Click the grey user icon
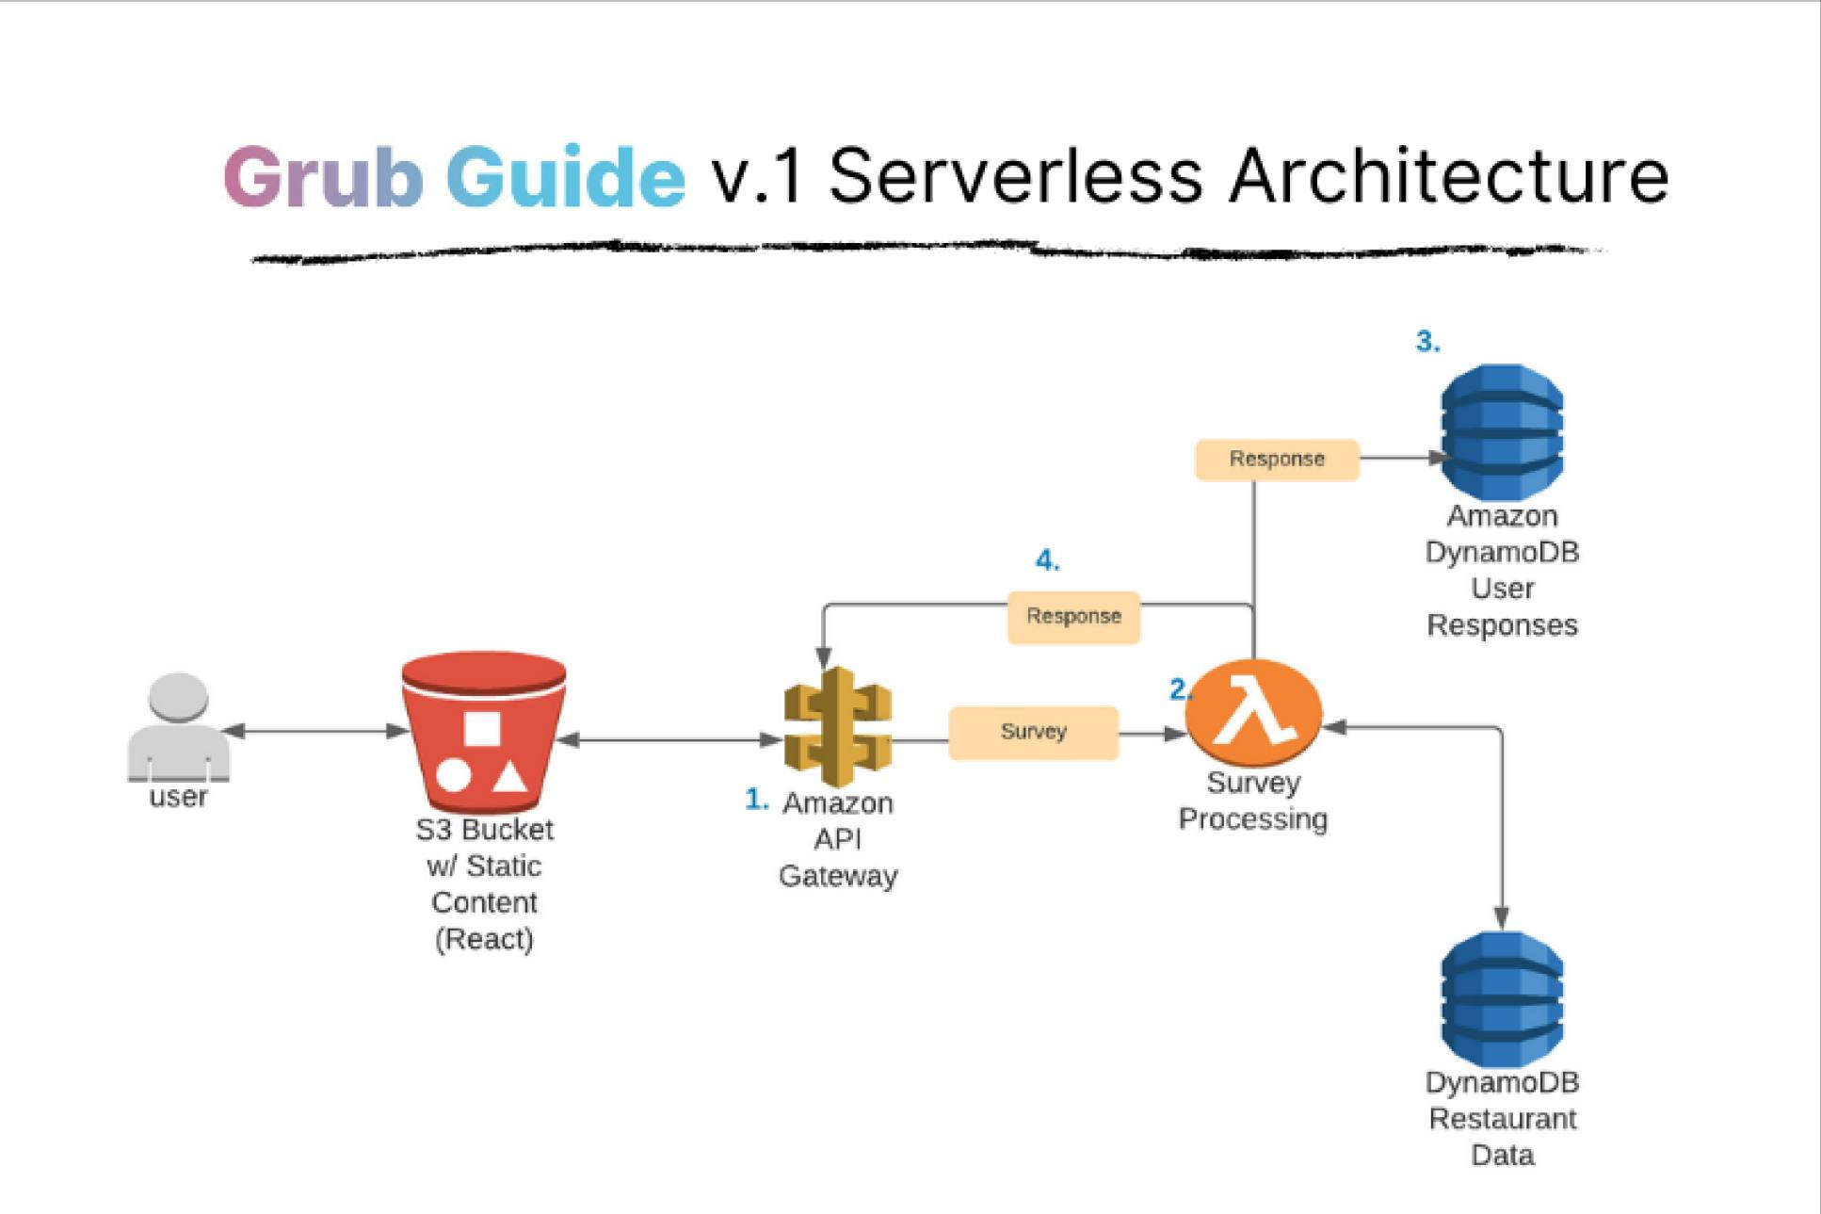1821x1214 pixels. pos(178,726)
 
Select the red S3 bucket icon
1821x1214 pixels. pos(483,734)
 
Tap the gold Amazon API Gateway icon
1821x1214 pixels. pos(837,726)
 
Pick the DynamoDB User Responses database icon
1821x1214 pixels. pos(1502,432)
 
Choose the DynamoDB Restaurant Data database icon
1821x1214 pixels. pos(1502,999)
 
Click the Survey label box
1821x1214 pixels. pos(1033,733)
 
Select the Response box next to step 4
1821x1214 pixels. pos(1073,617)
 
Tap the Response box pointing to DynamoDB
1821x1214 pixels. pos(1277,460)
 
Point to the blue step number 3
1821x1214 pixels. pos(1427,342)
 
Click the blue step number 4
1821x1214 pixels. pos(1047,561)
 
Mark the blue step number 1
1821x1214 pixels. pos(756,800)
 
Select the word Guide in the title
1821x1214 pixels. pos(565,176)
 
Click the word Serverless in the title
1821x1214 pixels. pos(1015,176)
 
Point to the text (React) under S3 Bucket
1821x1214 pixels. pos(484,939)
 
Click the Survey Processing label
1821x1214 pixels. pos(1253,801)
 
